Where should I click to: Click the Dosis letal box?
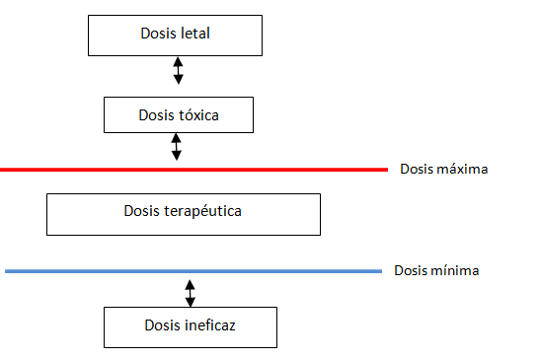pyautogui.click(x=176, y=36)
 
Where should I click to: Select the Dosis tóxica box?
pyautogui.click(x=179, y=114)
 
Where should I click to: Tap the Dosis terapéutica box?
pyautogui.click(x=184, y=213)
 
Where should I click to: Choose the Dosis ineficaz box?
pyautogui.click(x=191, y=325)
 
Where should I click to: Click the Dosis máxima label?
pyautogui.click(x=444, y=169)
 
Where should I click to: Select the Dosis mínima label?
pyautogui.click(x=437, y=270)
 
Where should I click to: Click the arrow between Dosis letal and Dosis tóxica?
pyautogui.click(x=179, y=70)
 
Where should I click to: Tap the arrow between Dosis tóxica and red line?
pyautogui.click(x=177, y=147)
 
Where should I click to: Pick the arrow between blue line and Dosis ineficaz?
pyautogui.click(x=191, y=293)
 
